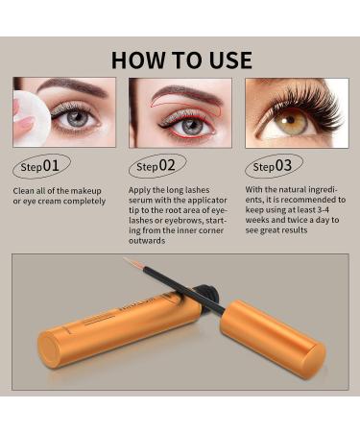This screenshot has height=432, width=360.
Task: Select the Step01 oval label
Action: coord(41,166)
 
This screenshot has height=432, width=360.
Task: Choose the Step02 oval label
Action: coord(157,166)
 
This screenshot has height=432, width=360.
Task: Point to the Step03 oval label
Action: coord(274,166)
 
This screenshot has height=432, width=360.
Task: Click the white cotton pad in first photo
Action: coord(31,118)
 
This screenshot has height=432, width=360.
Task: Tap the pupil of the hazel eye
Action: coord(291,120)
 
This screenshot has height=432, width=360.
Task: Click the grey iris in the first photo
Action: coord(78,117)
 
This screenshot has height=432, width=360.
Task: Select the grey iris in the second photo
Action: coord(191,127)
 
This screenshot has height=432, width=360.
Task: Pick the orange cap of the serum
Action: coord(273,339)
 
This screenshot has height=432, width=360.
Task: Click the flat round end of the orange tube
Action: coord(49,349)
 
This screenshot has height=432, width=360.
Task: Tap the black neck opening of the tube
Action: coord(207,293)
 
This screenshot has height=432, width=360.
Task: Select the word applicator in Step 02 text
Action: coord(207,201)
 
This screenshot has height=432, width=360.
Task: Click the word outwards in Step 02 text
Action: coord(147,241)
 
